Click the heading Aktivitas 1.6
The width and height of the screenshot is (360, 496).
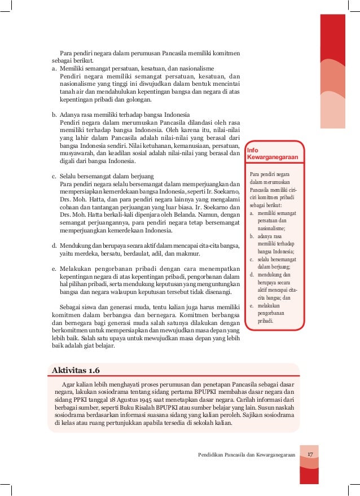pyautogui.click(x=75, y=370)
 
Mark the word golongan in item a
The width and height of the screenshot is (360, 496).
pyautogui.click(x=138, y=100)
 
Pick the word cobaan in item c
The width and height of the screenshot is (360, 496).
pyautogui.click(x=71, y=207)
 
